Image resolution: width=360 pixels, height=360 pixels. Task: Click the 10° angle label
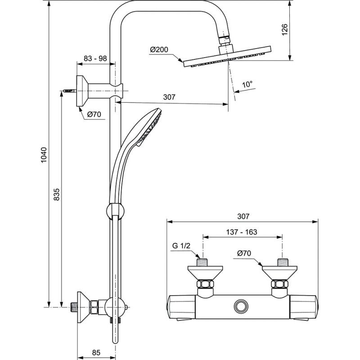pyautogui.click(x=247, y=84)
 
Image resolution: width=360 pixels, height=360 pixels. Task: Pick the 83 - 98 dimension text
pyautogui.click(x=95, y=58)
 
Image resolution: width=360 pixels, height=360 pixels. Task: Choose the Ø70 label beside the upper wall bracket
pyautogui.click(x=93, y=114)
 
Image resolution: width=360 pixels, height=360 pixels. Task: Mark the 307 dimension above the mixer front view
pyautogui.click(x=243, y=216)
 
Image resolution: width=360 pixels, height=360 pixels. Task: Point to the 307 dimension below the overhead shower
pyautogui.click(x=169, y=97)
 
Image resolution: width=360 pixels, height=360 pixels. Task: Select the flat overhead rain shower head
pyautogui.click(x=227, y=58)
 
